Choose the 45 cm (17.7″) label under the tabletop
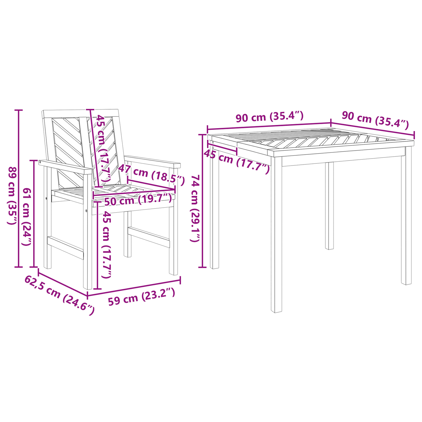[x=237, y=161]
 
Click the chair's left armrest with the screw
[x=65, y=167]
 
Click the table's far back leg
[x=329, y=206]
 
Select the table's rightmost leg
[x=407, y=216]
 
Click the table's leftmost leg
[x=214, y=208]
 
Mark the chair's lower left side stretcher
[x=65, y=248]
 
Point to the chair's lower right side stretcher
[x=149, y=237]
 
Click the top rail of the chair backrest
[x=80, y=113]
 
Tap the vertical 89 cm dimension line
[x=18, y=189]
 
